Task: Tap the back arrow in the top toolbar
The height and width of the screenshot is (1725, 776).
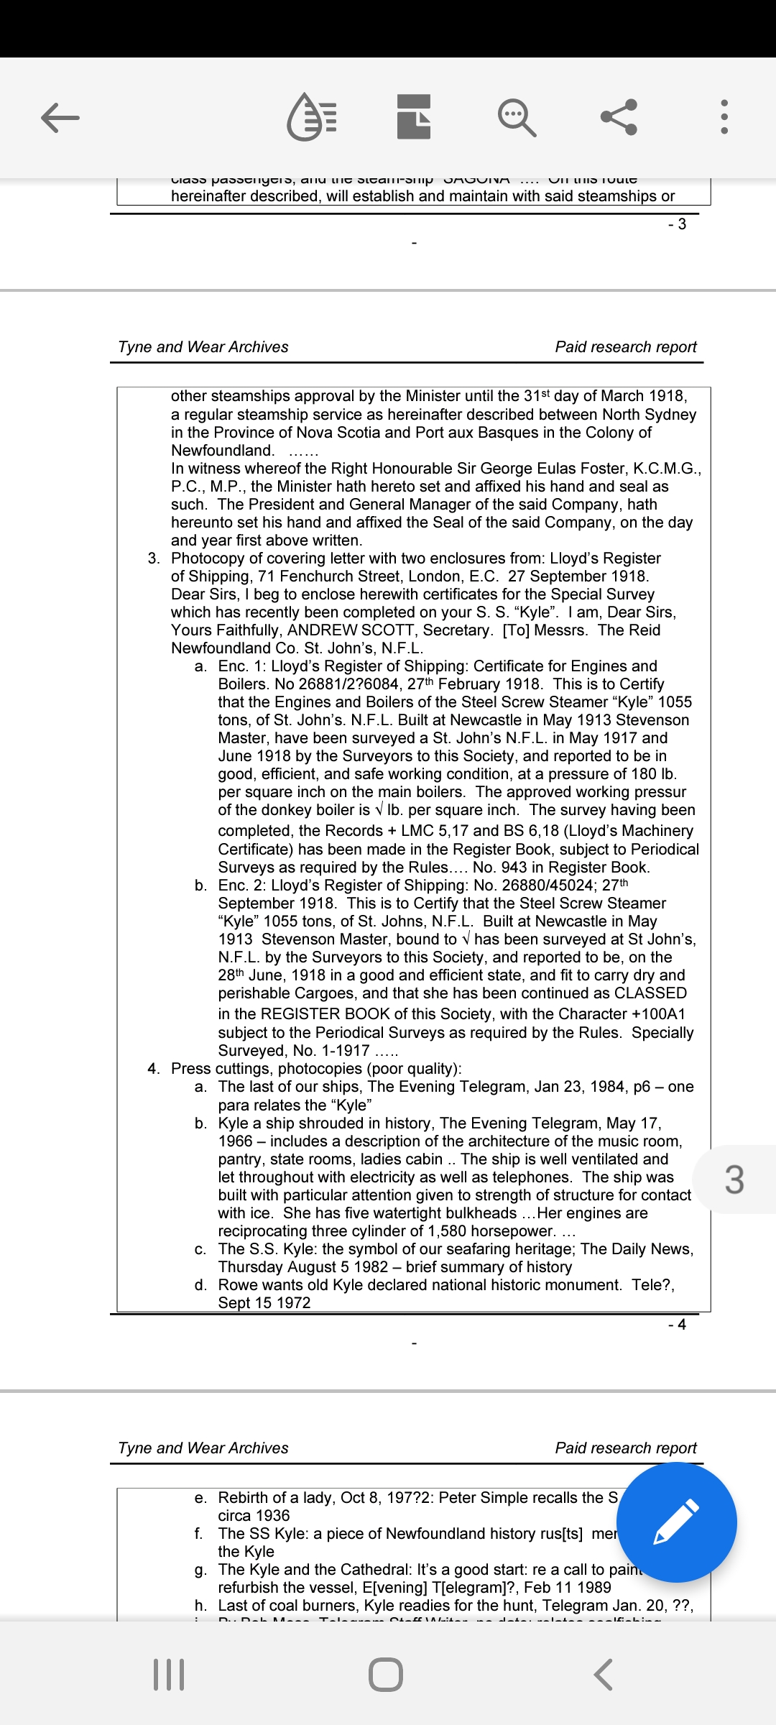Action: tap(60, 117)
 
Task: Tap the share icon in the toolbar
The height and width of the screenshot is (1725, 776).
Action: tap(619, 116)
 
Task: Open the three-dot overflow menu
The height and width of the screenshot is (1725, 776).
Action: tap(724, 116)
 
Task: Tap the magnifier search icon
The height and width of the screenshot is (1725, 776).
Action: tap(517, 117)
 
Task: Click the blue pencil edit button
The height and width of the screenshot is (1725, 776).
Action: tap(676, 1522)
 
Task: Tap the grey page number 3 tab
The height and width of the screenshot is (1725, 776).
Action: tap(734, 1179)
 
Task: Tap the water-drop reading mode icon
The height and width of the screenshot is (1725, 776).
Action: tap(312, 116)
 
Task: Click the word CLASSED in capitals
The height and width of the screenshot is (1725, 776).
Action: tap(650, 993)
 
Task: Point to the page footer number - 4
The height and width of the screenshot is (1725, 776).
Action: tap(677, 1324)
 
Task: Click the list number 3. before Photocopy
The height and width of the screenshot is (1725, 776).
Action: tap(154, 558)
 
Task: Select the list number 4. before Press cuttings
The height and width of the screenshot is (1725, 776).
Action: tap(154, 1069)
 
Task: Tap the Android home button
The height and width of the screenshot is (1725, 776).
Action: tap(386, 1674)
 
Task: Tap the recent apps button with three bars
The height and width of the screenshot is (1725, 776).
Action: tap(170, 1674)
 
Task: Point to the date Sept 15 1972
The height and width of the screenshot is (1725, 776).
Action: tap(264, 1303)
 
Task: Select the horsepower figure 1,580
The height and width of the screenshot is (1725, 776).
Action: tap(449, 1231)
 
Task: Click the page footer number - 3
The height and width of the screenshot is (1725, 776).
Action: tap(677, 224)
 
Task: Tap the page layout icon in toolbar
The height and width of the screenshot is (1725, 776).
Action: tap(414, 116)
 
